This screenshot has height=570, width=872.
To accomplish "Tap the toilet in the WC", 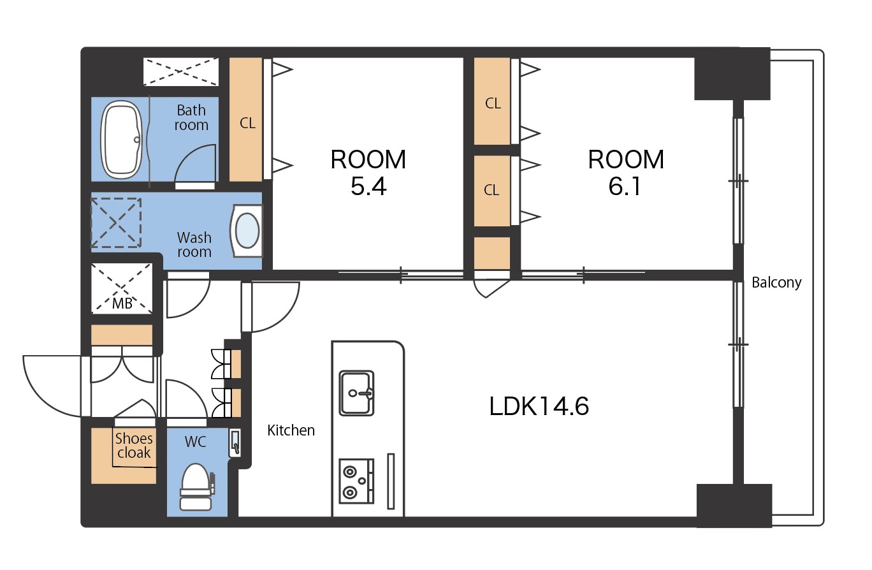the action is (x=197, y=486).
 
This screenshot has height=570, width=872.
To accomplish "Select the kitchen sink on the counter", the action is (x=356, y=393).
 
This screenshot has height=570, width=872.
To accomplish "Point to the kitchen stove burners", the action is (x=356, y=481).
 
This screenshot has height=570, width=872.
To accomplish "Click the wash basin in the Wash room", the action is (x=246, y=231).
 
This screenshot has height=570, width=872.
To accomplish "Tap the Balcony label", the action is (x=776, y=282).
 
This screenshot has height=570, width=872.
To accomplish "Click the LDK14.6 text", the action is (x=539, y=406).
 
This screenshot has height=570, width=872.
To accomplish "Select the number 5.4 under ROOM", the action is (x=368, y=186).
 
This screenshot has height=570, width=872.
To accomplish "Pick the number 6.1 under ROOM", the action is (x=625, y=186).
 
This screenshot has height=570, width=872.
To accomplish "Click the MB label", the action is (x=122, y=303).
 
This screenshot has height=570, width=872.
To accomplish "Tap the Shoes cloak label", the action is (x=134, y=446).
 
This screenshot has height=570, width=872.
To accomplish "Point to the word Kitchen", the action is (x=291, y=430).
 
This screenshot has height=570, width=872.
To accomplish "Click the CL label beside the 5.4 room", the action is (x=247, y=124).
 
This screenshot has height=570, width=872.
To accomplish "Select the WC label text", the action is (x=196, y=442).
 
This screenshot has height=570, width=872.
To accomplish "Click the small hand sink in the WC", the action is (x=235, y=443).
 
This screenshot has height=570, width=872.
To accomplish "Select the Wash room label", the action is (x=194, y=244).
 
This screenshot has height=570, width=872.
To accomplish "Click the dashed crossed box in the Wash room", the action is (x=116, y=223).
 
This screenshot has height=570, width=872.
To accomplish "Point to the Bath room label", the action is (x=191, y=117).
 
